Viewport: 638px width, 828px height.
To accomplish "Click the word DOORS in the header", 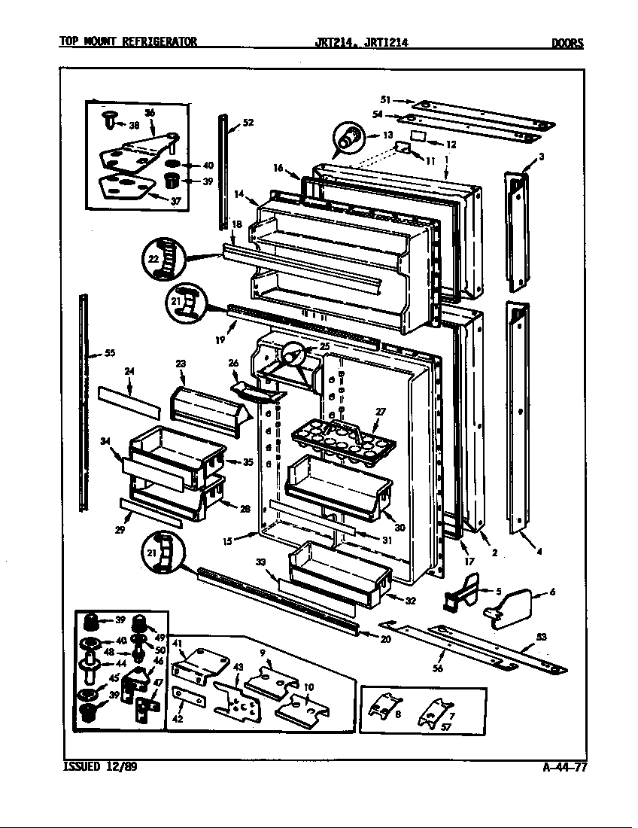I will click(567, 43).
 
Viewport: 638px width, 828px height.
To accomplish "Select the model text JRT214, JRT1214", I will click(362, 43).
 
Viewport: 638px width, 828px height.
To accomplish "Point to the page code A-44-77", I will click(564, 768).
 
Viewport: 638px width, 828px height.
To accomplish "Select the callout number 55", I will click(109, 353).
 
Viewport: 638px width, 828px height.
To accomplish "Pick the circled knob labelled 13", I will click(348, 138).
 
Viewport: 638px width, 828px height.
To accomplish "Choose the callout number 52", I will click(248, 123).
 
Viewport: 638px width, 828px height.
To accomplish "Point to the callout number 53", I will click(540, 638).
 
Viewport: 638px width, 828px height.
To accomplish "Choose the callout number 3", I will click(541, 156).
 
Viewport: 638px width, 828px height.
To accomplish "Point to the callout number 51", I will click(384, 99).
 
